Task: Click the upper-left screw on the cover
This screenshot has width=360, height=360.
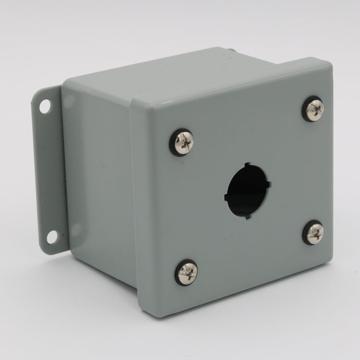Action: click(x=181, y=143)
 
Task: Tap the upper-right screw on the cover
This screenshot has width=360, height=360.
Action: click(x=313, y=109)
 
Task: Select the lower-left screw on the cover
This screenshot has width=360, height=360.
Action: click(x=186, y=272)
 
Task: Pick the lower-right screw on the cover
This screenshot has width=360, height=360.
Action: click(x=313, y=232)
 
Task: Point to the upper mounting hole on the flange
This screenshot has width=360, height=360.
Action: click(x=45, y=106)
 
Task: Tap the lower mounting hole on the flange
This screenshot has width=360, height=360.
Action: click(x=51, y=237)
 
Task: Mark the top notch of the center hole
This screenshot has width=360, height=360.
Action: click(x=248, y=165)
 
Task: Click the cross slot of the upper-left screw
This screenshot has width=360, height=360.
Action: click(x=182, y=142)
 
